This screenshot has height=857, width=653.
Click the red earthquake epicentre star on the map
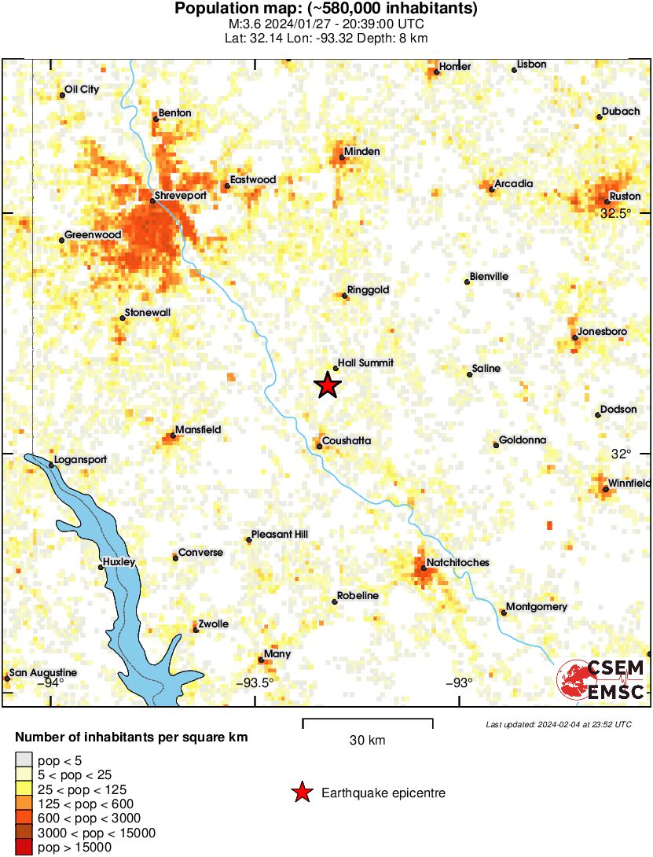point(328,385)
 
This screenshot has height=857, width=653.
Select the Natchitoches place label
point(458,563)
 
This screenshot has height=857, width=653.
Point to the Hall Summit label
point(365,363)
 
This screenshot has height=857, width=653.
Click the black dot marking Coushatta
point(319,447)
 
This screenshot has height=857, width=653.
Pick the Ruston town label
point(625,196)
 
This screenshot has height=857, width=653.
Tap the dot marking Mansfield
point(173,436)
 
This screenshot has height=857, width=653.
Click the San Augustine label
point(43,673)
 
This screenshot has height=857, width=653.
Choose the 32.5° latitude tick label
point(616,213)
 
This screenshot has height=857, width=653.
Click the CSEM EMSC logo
point(602,680)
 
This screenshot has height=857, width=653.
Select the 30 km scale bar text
point(367,740)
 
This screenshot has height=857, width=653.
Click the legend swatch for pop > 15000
point(24,848)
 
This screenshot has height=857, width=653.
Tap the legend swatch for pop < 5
point(24,760)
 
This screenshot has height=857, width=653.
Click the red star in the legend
point(301,793)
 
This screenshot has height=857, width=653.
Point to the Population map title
point(326,9)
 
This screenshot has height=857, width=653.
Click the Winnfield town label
point(630,483)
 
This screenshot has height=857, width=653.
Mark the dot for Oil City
point(62,96)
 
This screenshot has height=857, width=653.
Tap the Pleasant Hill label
point(281,535)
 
